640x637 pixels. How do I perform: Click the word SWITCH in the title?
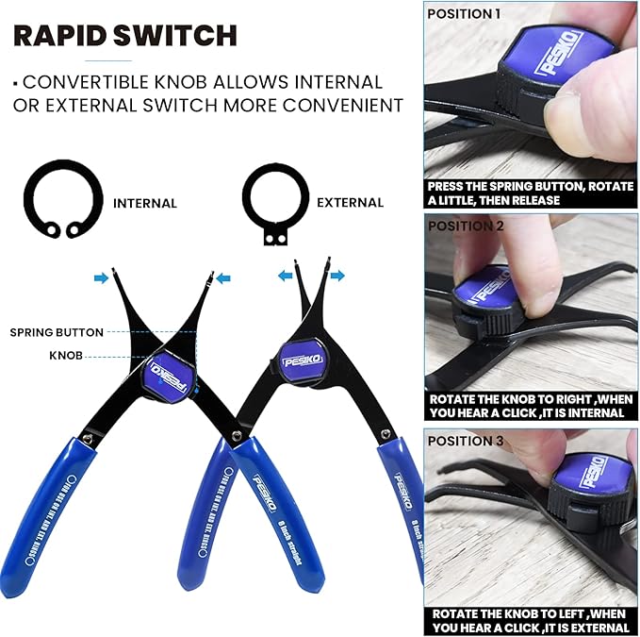tap(179, 36)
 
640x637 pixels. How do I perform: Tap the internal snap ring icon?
tap(59, 201)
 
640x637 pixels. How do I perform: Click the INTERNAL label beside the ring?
tap(144, 203)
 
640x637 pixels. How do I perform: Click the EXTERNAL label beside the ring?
tap(350, 203)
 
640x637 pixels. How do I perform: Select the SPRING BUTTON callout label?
tap(57, 332)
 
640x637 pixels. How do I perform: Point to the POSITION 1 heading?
tap(465, 13)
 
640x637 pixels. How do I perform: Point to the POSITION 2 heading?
tap(466, 226)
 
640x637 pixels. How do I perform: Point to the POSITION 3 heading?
tap(466, 441)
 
